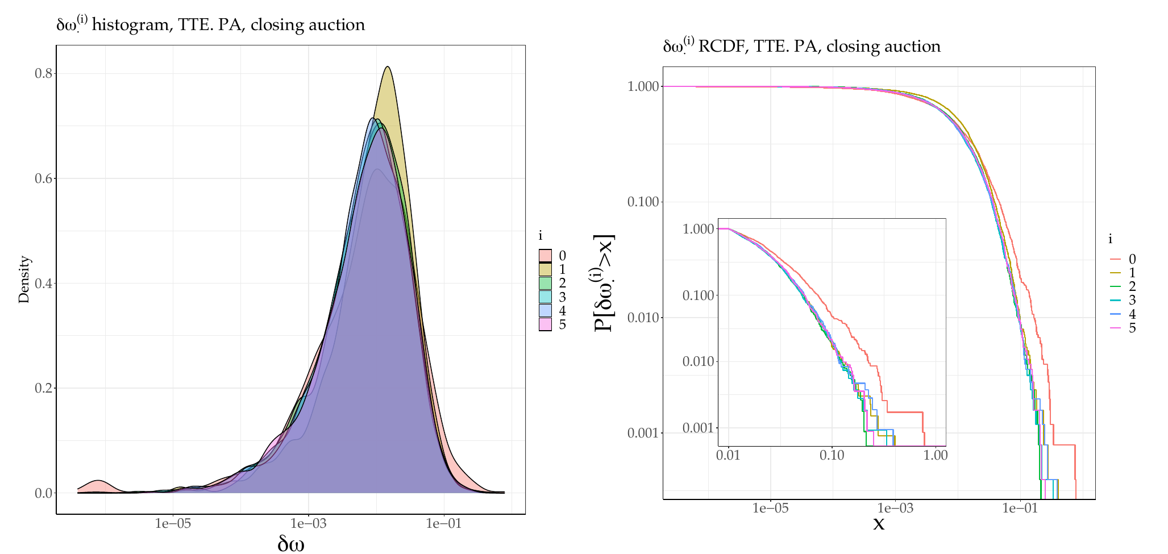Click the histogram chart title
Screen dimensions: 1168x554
210,24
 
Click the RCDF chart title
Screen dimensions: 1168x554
801,45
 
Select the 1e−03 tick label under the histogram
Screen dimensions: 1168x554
308,524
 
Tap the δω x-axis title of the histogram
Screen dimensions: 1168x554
290,544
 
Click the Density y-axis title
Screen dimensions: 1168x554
24,280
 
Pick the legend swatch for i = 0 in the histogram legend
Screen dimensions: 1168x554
545,256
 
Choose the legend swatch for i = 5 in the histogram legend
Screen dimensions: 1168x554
545,324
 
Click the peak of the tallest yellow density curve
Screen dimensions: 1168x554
388,66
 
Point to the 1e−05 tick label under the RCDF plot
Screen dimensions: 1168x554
770,508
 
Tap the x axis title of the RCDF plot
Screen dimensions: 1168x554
879,523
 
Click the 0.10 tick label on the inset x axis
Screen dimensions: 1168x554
832,456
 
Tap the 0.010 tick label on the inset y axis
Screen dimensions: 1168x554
698,362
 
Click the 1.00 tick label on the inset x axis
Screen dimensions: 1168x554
935,456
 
